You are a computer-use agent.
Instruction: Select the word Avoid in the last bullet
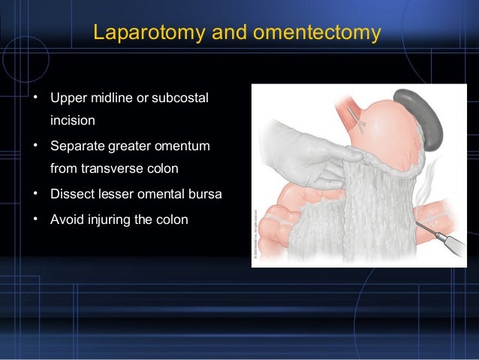(67, 219)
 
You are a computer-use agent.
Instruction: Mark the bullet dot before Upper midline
(35, 98)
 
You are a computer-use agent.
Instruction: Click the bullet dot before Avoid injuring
(35, 219)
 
